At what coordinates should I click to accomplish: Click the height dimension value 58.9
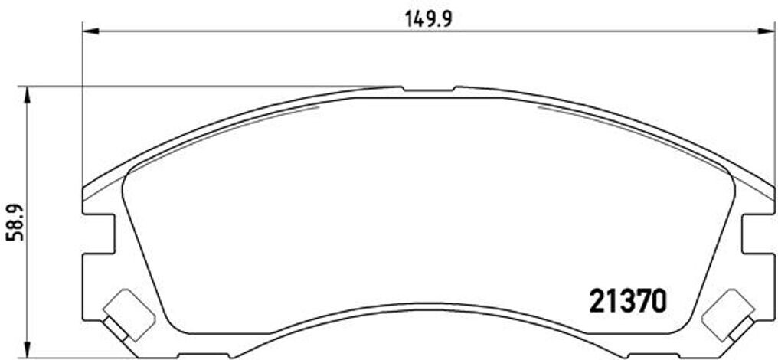[13, 223]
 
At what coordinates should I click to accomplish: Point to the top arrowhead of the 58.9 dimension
[28, 93]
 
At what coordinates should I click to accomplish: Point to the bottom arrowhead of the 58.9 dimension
[28, 349]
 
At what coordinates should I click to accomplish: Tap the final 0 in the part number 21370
[658, 301]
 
